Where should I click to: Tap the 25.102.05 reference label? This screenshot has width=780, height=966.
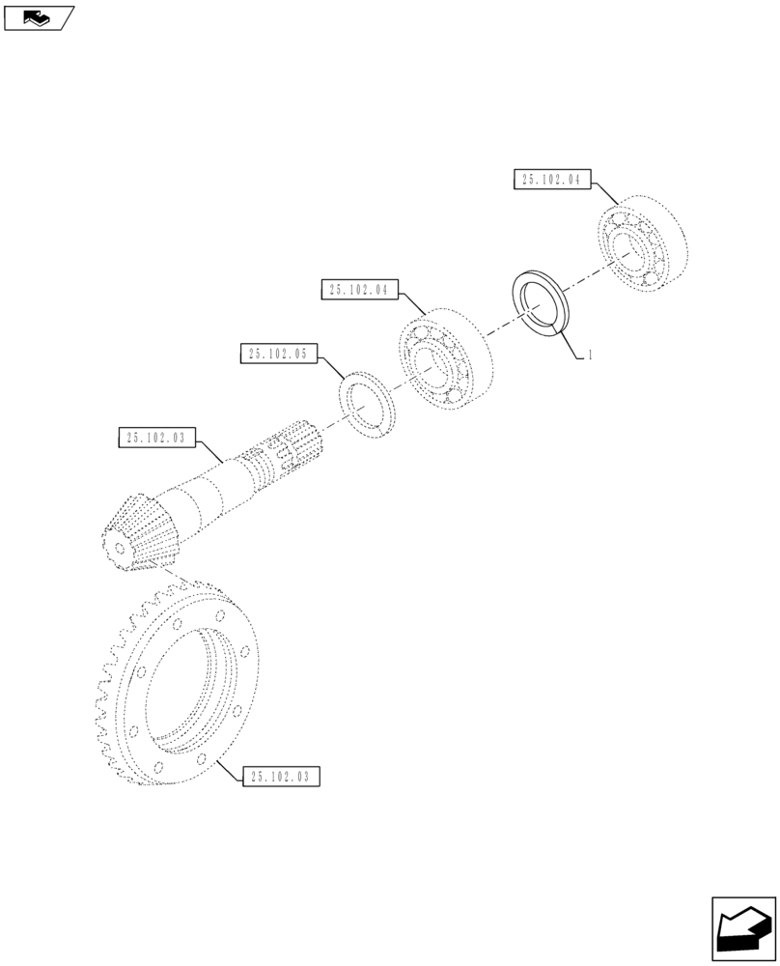click(277, 355)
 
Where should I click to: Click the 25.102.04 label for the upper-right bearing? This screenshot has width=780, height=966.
click(551, 180)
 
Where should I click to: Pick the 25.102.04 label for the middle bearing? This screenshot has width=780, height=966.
click(358, 289)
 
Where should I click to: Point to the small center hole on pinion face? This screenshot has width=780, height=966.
click(119, 547)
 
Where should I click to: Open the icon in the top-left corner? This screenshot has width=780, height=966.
click(39, 16)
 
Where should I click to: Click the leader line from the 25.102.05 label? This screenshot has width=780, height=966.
click(332, 368)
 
